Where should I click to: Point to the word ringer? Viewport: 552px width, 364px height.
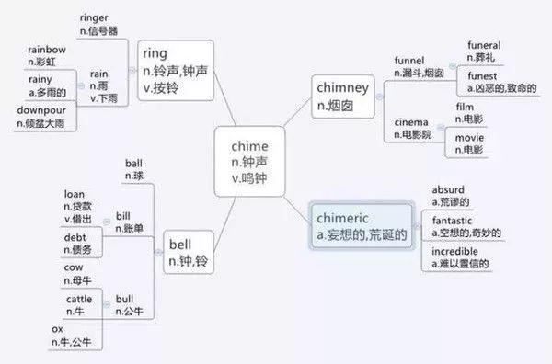pos(95,17)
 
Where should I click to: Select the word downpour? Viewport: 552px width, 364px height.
pos(41,111)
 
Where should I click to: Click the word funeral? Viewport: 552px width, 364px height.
pos(484,44)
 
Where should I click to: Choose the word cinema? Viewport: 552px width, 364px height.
pos(411,122)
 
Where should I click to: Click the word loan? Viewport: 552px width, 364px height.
pos(75,195)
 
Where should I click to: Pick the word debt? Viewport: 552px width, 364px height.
pos(75,237)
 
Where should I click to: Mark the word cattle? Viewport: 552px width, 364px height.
pos(79,300)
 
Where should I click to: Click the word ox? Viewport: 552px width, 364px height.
pos(57,329)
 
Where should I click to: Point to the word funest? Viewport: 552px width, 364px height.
pos(481,75)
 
